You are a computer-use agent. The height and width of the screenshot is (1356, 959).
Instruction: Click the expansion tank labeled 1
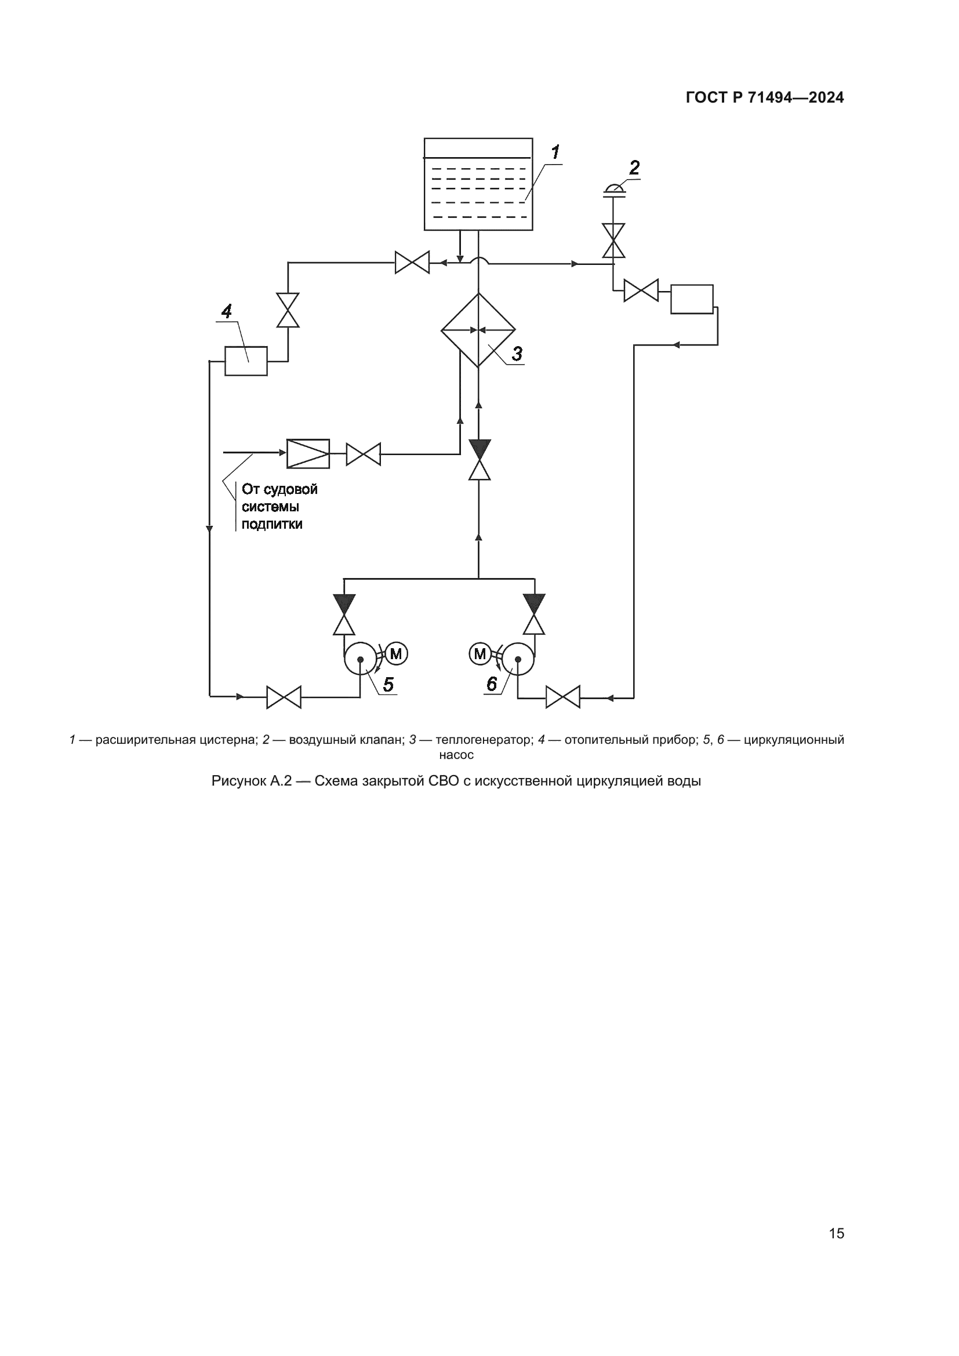pos(478,184)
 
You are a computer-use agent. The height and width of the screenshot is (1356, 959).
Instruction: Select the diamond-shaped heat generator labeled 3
pos(478,330)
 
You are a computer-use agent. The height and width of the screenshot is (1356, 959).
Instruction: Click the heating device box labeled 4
pos(246,361)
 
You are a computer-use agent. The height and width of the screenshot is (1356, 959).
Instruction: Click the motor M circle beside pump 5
pos(396,653)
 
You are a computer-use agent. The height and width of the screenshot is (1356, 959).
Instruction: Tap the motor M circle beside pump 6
pos(480,653)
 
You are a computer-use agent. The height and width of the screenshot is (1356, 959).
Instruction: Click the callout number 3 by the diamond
pos(517,354)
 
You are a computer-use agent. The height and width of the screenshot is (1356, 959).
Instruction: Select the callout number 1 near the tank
pos(555,152)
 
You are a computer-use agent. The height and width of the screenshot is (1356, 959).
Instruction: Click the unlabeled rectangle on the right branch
pos(692,299)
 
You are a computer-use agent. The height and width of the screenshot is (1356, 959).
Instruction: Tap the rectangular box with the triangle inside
pos(308,453)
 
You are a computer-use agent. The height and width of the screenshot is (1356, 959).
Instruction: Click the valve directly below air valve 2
pos(613,241)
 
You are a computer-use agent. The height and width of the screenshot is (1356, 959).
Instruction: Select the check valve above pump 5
pos(344,614)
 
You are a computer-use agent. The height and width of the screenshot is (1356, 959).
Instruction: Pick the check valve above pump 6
pos(534,614)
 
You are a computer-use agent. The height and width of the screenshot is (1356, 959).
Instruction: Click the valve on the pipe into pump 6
pos(563,697)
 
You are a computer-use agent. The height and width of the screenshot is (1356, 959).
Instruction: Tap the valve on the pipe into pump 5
pos(284,697)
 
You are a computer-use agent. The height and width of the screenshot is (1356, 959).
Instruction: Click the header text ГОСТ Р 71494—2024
pos(765,98)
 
